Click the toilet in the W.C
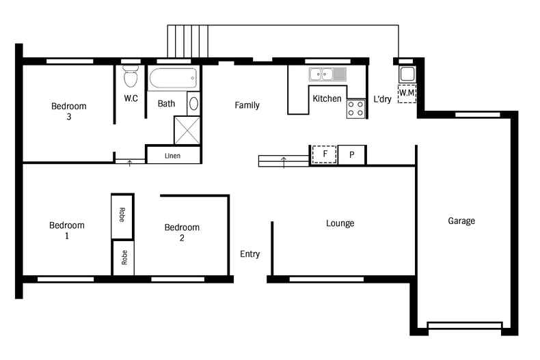[131, 76]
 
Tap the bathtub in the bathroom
[173, 78]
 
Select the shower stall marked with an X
[187, 130]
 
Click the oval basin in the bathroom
[193, 104]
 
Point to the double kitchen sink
[327, 74]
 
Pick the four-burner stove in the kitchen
[355, 109]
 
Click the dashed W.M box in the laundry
[407, 94]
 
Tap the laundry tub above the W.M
[407, 74]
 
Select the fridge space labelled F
[325, 154]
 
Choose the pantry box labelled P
[351, 155]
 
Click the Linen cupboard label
[172, 156]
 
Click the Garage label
[461, 221]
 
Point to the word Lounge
[340, 223]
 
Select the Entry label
[250, 254]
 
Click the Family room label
[247, 105]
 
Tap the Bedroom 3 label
[69, 111]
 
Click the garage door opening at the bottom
[465, 326]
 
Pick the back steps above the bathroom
[188, 41]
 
